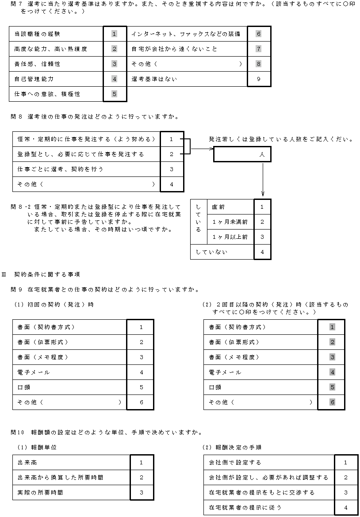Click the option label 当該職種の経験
tap(37, 34)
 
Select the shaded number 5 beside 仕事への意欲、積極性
tap(115, 94)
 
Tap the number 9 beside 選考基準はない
tap(258, 79)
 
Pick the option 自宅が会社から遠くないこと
tap(174, 49)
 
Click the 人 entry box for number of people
tap(242, 155)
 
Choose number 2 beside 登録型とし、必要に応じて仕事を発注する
tap(171, 154)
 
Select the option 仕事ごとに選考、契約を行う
tap(61, 169)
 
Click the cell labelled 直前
tap(218, 207)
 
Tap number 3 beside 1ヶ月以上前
tap(262, 237)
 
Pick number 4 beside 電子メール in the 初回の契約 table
tap(141, 372)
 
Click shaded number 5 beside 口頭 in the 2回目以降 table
tap(333, 387)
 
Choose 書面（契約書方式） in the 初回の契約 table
tap(46, 327)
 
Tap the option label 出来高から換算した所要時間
tap(60, 477)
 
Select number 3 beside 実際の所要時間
tap(141, 492)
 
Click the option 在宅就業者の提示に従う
tap(245, 507)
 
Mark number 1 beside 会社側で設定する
tap(345, 462)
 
